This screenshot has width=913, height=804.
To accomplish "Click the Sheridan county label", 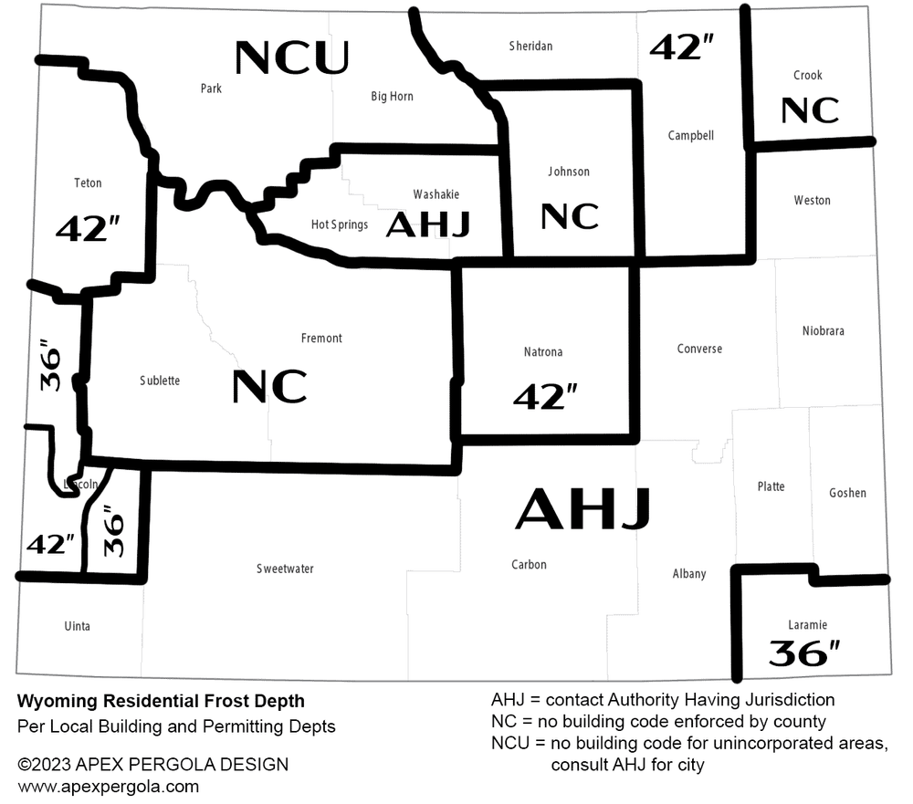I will click(x=530, y=46).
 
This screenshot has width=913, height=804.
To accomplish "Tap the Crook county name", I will click(x=807, y=76).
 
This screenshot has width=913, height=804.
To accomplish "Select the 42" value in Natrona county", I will click(x=545, y=395).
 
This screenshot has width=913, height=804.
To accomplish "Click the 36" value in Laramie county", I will click(x=803, y=653).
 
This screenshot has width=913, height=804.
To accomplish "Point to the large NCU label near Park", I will click(x=291, y=57).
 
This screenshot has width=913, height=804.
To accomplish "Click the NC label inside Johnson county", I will click(x=569, y=216).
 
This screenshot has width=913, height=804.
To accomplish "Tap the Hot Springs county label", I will click(x=339, y=224).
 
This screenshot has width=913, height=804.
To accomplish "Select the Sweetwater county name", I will click(x=285, y=569).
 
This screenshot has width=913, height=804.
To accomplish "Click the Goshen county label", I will click(x=847, y=493).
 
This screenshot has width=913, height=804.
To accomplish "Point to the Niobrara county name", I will click(x=823, y=330).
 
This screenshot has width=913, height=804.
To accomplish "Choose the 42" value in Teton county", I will click(x=89, y=228).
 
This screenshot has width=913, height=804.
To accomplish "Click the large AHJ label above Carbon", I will click(x=582, y=509).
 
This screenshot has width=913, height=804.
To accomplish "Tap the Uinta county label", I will click(x=78, y=626).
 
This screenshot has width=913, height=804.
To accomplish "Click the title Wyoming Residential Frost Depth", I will click(x=161, y=702).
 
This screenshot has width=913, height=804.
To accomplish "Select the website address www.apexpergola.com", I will click(x=108, y=786).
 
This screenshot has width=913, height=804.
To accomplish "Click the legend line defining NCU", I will click(x=689, y=743).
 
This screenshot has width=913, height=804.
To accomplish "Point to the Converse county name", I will click(x=699, y=349).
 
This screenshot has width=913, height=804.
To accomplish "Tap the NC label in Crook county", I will click(x=810, y=110).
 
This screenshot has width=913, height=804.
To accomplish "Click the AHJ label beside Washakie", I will click(x=427, y=224).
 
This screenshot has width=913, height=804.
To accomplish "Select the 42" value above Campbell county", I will click(x=681, y=47).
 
